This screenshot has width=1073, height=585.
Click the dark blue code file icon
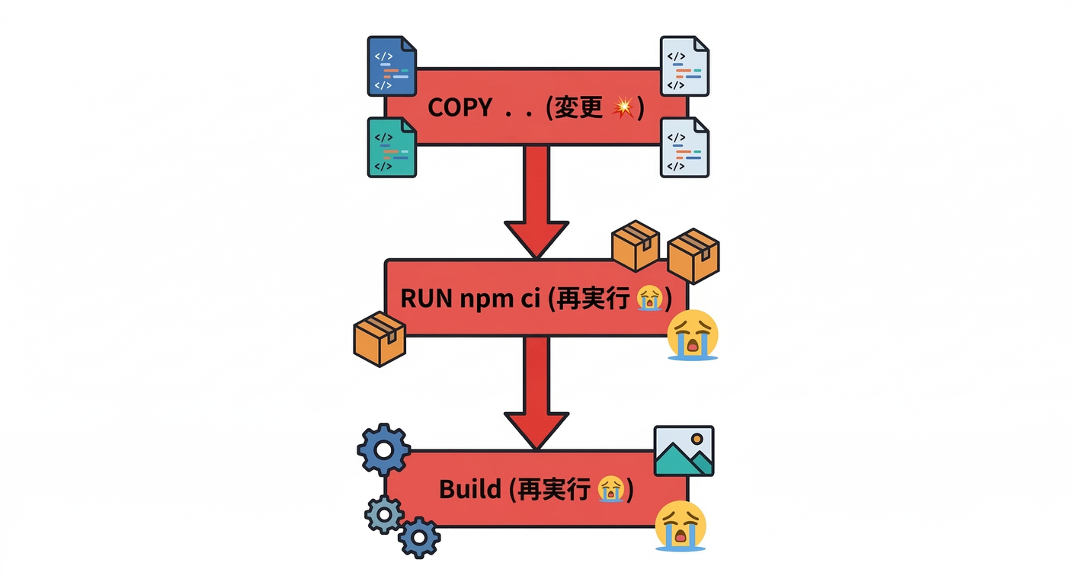click(x=392, y=66)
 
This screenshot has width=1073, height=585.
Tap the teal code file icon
click(x=392, y=147)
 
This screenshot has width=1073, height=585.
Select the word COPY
click(x=460, y=107)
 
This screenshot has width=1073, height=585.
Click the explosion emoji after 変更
click(x=623, y=107)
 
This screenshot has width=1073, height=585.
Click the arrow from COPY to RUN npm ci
click(x=536, y=200)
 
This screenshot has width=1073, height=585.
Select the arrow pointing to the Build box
click(x=536, y=392)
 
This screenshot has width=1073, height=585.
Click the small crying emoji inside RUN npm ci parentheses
click(x=649, y=299)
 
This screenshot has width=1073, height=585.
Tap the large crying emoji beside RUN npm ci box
click(x=692, y=335)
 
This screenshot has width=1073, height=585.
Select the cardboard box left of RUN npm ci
click(x=380, y=339)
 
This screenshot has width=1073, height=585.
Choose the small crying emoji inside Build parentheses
click(x=610, y=489)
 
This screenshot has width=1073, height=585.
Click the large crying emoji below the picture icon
click(x=681, y=526)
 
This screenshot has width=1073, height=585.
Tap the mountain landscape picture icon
click(x=684, y=451)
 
